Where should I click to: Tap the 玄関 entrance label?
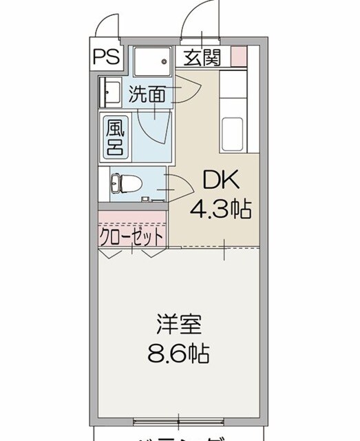click(x=201, y=58)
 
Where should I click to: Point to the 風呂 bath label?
click(x=114, y=138)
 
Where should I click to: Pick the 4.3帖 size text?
click(x=220, y=207)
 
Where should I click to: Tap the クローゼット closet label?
click(x=132, y=236)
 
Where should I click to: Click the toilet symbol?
click(x=126, y=183)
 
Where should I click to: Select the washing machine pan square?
click(x=150, y=63)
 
